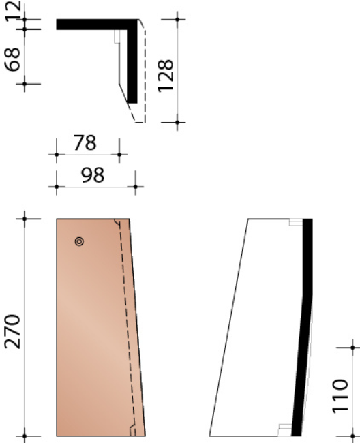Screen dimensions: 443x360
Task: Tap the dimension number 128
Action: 166,72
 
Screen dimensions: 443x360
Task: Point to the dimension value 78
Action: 85,144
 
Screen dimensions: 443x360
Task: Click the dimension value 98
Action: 92,175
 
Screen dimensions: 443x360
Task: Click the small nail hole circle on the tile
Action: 79,241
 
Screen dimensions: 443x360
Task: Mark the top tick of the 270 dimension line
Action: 25,219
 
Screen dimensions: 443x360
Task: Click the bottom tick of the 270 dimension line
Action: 25,435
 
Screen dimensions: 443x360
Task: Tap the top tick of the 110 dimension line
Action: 352,346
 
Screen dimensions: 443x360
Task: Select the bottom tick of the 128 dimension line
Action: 177,123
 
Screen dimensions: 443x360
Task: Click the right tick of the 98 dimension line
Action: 135,186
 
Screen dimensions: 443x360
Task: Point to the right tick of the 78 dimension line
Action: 119,155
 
